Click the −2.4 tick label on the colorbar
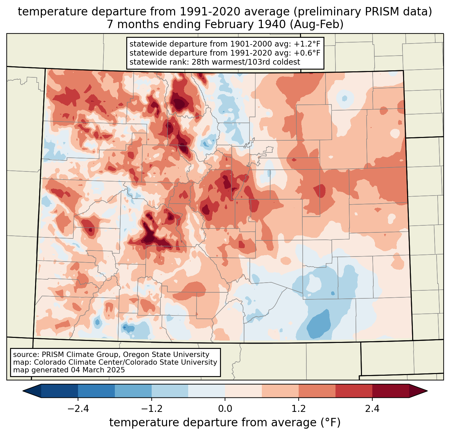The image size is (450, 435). coord(78,409)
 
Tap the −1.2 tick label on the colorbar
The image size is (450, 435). coord(151,409)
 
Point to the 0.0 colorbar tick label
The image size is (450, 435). coord(225,409)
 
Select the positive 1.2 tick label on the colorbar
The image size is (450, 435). coord(299,409)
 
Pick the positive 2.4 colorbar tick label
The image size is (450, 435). coord(372,409)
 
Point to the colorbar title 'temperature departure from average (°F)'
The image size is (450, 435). coord(225,423)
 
